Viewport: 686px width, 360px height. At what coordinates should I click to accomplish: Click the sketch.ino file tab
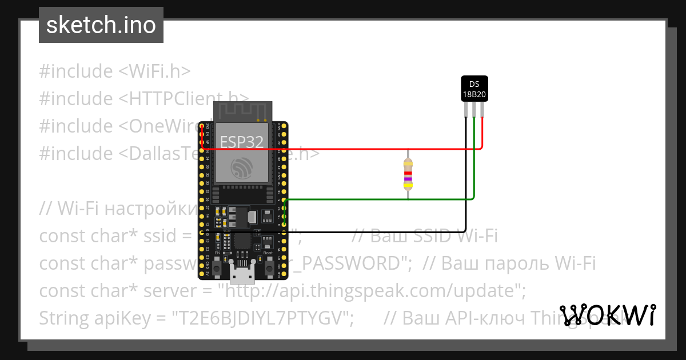(x=101, y=25)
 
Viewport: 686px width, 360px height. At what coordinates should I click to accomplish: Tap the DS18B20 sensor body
(x=474, y=89)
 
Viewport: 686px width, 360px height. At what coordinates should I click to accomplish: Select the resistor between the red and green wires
(x=408, y=174)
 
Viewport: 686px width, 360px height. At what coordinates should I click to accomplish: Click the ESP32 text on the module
(x=242, y=142)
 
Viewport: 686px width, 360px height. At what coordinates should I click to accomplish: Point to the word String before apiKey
(x=65, y=318)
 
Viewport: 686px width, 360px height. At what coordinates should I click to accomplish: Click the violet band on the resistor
(x=408, y=179)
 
